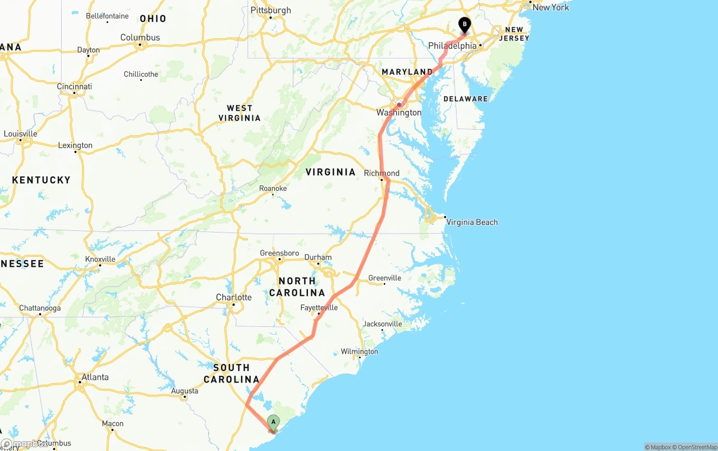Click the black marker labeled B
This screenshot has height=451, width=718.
(x=464, y=25)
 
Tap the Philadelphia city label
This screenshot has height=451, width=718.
(x=452, y=45)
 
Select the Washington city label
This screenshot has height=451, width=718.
(x=399, y=112)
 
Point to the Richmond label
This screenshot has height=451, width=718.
(x=381, y=173)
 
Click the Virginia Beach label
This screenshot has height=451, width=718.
(x=472, y=222)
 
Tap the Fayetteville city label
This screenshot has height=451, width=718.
(x=319, y=308)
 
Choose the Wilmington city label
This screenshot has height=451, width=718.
(x=359, y=352)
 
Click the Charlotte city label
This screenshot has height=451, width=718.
(x=234, y=297)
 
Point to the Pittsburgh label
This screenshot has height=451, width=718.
(x=271, y=10)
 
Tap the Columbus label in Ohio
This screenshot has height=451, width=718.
(x=140, y=38)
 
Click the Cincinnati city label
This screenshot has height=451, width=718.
(x=74, y=86)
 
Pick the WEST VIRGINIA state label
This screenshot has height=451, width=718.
(x=240, y=113)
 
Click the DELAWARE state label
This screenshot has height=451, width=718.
(x=466, y=99)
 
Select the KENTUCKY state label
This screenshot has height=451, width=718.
(x=41, y=180)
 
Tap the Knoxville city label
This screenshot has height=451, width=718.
(x=100, y=259)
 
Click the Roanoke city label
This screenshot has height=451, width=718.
(x=273, y=188)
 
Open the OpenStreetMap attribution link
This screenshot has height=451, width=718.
(x=697, y=447)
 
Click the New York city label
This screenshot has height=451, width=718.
(x=550, y=7)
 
